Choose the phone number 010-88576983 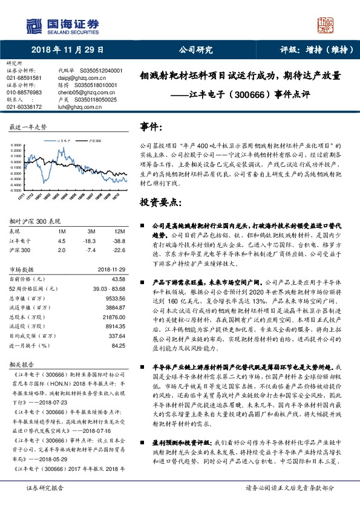[x=24, y=92]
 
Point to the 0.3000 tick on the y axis [x=18, y=146]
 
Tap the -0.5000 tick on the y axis [x=18, y=189]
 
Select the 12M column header [x=119, y=232]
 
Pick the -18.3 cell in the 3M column [x=91, y=241]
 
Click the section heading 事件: [x=151, y=127]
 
